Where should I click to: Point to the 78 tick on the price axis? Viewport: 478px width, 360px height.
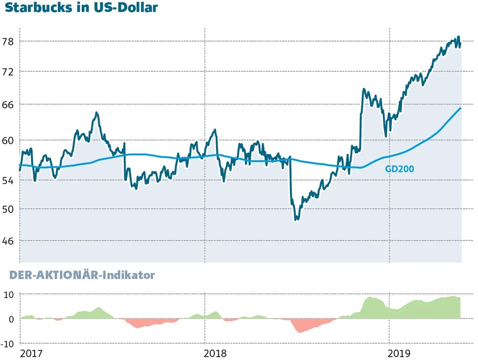[8, 42]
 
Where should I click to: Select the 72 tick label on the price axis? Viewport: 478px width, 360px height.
[8, 72]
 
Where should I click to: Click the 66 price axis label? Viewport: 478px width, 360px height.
[8, 104]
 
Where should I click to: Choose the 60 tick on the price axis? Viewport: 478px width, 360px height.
[8, 141]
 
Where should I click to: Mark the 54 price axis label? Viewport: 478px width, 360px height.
[8, 180]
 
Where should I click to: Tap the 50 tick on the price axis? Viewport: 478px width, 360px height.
[8, 209]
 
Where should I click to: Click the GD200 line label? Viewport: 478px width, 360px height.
[399, 169]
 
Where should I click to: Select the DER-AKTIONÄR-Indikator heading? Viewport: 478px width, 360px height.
[79, 275]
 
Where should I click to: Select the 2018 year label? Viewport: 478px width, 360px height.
[216, 353]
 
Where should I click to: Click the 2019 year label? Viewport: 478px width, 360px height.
[400, 353]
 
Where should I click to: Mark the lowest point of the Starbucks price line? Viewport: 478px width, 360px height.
[296, 220]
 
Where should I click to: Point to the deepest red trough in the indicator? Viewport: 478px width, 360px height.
[301, 332]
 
